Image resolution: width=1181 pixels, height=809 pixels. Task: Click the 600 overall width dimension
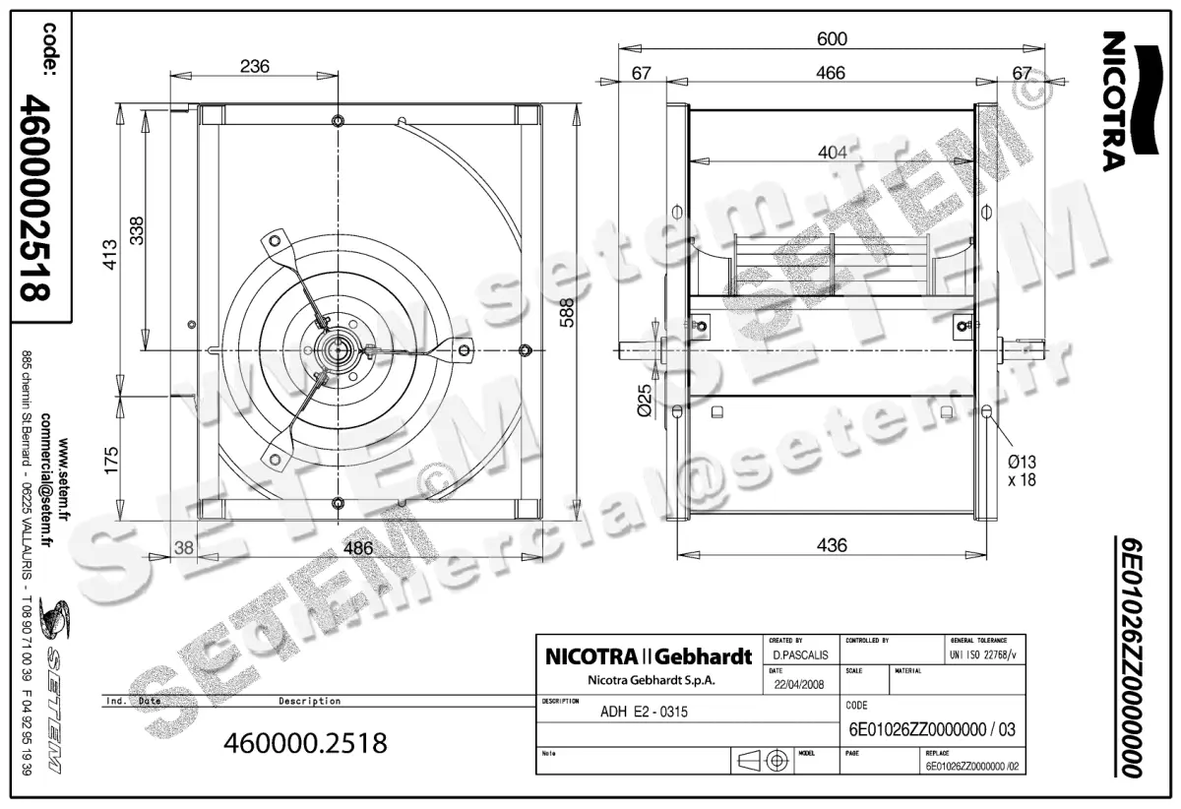point(832,38)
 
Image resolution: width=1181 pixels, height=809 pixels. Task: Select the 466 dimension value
point(832,74)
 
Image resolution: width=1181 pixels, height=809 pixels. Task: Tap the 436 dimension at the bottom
point(832,544)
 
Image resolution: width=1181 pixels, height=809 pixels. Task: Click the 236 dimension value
point(255,66)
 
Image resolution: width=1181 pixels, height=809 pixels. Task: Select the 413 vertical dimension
point(110,255)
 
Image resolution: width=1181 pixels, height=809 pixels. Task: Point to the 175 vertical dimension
point(110,459)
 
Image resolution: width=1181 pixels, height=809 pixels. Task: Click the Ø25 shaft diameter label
point(646,400)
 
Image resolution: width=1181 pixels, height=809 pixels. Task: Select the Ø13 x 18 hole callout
point(1021,470)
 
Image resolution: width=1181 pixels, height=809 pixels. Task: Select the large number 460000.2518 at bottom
point(306,742)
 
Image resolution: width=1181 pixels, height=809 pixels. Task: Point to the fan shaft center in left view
point(339,348)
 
